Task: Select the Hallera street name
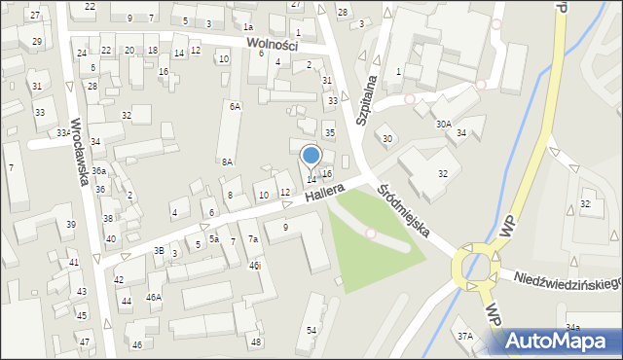pyautogui.click(x=324, y=193)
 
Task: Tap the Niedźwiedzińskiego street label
pyautogui.click(x=568, y=281)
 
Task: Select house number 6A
pyautogui.click(x=234, y=106)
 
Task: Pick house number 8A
pyautogui.click(x=227, y=162)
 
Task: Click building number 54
pyautogui.click(x=311, y=331)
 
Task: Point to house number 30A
pyautogui.click(x=443, y=125)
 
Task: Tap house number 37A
pyautogui.click(x=465, y=336)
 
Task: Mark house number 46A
pyautogui.click(x=153, y=297)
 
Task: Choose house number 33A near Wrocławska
pyautogui.click(x=62, y=133)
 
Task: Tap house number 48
pyautogui.click(x=256, y=342)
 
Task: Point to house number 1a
pyautogui.click(x=248, y=27)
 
